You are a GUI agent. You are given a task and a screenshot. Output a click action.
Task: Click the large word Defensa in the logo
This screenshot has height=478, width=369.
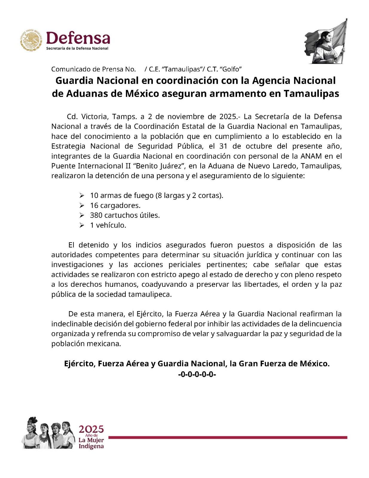[x=78, y=38]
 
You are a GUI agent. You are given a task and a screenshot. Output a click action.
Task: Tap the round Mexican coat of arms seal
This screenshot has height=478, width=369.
[x=31, y=40]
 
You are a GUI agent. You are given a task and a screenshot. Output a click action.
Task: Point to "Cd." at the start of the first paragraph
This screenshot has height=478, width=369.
[x=72, y=117]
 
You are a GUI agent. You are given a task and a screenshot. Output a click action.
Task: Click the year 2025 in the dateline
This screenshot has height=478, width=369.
[x=227, y=117]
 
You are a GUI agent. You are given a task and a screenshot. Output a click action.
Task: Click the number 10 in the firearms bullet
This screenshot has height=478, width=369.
[x=94, y=196]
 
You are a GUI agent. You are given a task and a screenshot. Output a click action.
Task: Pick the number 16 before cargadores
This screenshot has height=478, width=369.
[x=94, y=206]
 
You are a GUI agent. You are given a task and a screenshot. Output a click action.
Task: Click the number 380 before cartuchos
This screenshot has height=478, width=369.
[x=96, y=215]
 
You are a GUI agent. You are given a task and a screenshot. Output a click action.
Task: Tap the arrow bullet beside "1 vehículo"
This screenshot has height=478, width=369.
[x=82, y=225]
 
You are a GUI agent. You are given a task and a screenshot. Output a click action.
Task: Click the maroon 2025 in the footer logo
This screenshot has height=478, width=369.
[x=91, y=430]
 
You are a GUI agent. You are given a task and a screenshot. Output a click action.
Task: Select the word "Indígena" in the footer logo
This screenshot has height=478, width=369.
[x=91, y=446]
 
